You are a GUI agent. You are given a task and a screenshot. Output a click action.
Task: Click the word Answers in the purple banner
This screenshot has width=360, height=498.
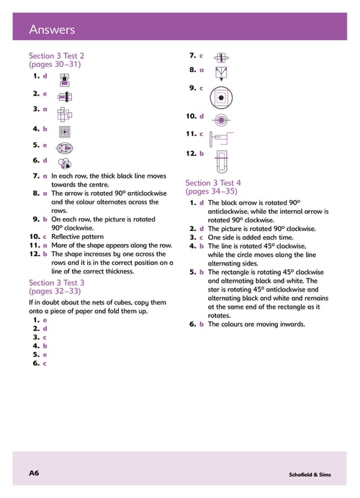coord(52,30)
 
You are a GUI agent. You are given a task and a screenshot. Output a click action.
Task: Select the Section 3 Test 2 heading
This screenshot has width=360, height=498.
coord(57,56)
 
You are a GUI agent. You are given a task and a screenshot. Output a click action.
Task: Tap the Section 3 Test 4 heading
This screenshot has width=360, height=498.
coord(213,183)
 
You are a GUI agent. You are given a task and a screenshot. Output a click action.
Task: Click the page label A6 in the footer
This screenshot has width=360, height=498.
coord(34,473)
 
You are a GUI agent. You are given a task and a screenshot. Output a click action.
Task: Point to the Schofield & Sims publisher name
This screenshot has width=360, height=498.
coord(310,474)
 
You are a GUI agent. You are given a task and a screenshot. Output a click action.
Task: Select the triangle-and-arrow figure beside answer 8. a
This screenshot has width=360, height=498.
coord(222,73)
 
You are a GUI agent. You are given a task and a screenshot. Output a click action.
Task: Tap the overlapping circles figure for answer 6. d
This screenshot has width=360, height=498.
coord(65,164)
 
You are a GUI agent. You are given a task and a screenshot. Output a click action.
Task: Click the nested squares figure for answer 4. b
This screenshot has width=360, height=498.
coord(65,132)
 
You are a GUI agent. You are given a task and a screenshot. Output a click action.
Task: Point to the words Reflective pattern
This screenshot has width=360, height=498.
coord(78,237)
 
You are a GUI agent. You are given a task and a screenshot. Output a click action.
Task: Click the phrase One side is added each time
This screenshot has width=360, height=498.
coord(251,237)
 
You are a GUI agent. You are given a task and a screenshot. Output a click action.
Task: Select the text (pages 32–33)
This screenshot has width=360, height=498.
coord(55,291)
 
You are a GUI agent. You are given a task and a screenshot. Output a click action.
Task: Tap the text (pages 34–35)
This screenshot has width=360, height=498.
coord(212,191)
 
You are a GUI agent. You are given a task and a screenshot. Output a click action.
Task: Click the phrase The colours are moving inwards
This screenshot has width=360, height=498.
coord(256,325)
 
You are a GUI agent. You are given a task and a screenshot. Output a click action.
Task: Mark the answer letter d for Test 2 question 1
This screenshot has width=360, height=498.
coord(45,76)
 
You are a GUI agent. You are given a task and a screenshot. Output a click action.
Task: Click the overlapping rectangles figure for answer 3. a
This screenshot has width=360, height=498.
coord(65,114)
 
